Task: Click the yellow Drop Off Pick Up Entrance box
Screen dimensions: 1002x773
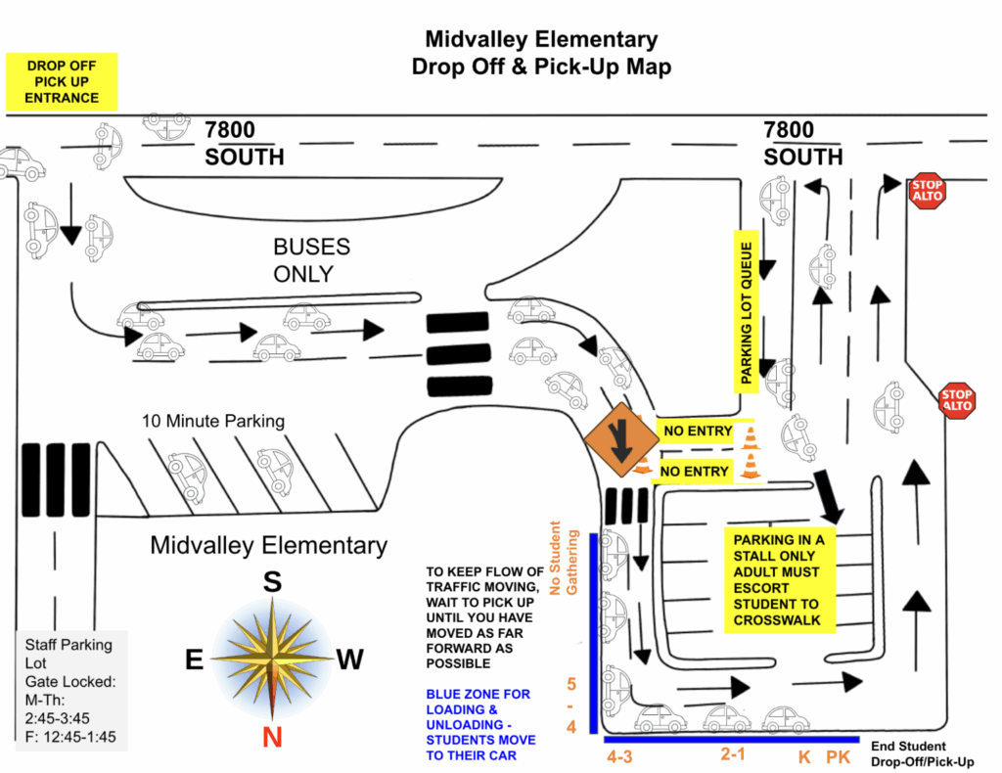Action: coord(62,82)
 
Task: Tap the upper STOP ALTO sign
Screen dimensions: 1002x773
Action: coord(928,191)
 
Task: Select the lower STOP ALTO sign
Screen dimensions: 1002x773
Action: coord(957,400)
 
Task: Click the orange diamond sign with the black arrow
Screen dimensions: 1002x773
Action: coord(620,439)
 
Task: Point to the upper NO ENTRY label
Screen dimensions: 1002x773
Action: coord(697,432)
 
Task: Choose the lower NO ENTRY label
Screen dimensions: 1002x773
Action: coord(694,472)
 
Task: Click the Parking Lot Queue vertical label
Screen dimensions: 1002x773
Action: coord(746,312)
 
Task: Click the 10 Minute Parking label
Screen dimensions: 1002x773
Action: coord(212,421)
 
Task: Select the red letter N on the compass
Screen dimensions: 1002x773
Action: coord(272,737)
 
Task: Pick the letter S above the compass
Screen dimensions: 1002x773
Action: coord(272,582)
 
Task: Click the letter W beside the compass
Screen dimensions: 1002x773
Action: coord(350,659)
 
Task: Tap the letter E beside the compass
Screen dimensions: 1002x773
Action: coord(195,659)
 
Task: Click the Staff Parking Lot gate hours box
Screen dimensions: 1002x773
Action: coord(71,691)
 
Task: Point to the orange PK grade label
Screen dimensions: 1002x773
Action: coord(838,757)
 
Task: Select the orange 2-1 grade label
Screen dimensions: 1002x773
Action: coord(733,754)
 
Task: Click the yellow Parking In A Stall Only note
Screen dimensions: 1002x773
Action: coord(780,580)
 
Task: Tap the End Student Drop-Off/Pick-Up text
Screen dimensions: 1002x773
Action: coord(922,753)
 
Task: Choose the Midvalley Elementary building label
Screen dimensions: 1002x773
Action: coord(268,546)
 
